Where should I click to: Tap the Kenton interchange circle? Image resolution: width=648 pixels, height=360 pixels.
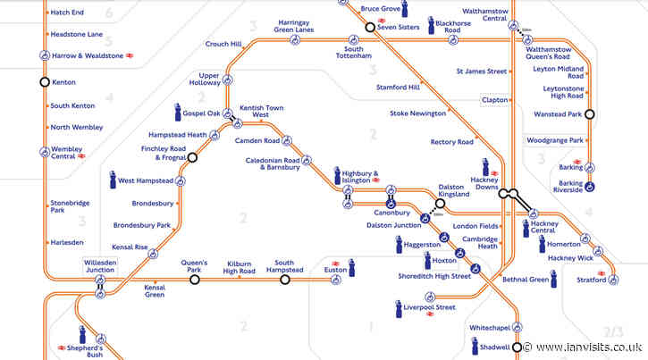point(44,81)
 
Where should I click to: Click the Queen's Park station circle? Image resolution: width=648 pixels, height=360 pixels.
point(195,280)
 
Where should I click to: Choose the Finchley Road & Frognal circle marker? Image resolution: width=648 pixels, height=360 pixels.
point(191,158)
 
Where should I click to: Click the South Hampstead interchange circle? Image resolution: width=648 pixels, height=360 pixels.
point(284,280)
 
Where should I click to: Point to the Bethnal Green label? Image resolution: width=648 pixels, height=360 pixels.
point(526,280)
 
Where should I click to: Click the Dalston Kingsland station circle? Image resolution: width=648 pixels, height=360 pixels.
point(440,203)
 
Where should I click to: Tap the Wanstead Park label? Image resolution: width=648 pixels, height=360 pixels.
point(559,114)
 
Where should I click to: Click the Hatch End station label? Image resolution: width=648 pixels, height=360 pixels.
point(70,13)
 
